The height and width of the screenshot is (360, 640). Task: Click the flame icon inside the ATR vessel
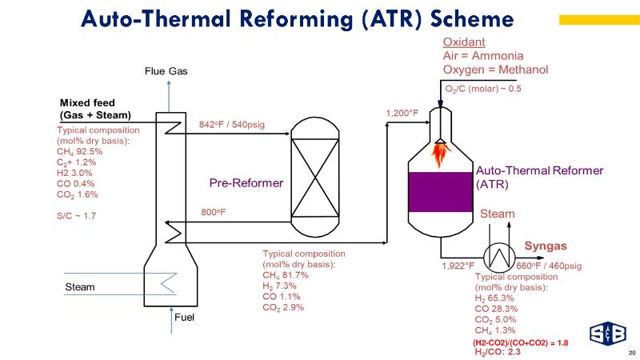pyautogui.click(x=440, y=150)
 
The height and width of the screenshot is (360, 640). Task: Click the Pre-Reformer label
pyautogui.click(x=246, y=183)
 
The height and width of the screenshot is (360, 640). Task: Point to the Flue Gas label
pyautogui.click(x=166, y=71)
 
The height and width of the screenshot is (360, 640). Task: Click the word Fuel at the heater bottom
pyautogui.click(x=185, y=317)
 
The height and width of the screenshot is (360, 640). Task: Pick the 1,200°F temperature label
pyautogui.click(x=402, y=114)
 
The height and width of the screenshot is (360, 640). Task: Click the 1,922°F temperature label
pyautogui.click(x=458, y=266)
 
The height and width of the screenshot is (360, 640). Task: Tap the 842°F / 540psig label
pyautogui.click(x=231, y=124)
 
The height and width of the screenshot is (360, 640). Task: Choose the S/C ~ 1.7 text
pyautogui.click(x=76, y=216)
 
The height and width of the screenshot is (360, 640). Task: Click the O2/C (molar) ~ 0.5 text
pyautogui.click(x=482, y=89)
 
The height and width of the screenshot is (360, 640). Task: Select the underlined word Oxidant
pyautogui.click(x=464, y=42)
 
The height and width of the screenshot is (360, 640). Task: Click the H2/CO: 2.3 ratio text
pyautogui.click(x=498, y=351)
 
